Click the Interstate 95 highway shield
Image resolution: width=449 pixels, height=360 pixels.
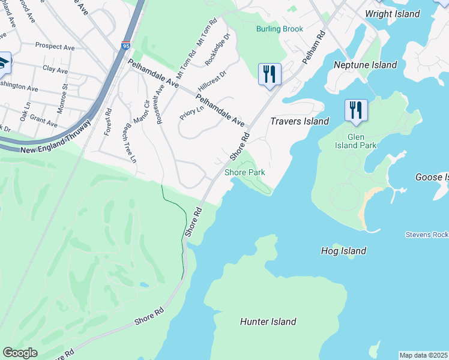coord(125,46)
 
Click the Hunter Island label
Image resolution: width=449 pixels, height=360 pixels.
coord(268,322)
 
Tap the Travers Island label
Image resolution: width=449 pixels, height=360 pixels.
coord(300,121)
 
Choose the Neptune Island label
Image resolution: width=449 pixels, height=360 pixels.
coord(366,65)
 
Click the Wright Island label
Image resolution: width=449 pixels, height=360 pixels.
coord(392,14)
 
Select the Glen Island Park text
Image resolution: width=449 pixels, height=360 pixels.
coord(356,145)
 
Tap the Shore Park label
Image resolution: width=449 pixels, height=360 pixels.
coord(245,172)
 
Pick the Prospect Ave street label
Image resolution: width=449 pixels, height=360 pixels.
coord(55,46)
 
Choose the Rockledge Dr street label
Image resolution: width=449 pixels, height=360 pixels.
coord(217,50)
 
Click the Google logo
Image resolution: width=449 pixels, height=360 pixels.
coord(20,353)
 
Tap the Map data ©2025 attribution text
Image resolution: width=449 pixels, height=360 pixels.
coord(423,355)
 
